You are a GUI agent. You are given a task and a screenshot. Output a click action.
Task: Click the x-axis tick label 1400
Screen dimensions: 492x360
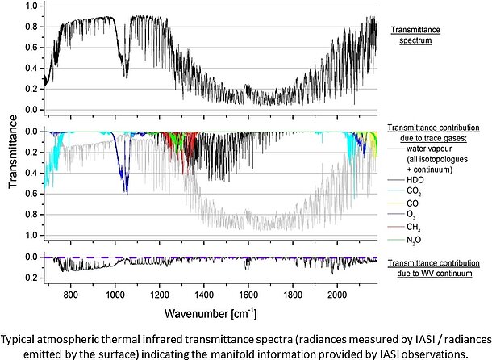point(204,295)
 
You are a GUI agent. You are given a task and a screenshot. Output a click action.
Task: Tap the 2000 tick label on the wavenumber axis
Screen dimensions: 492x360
point(337,295)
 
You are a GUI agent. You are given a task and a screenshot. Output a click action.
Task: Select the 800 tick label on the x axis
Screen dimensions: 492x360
point(71,295)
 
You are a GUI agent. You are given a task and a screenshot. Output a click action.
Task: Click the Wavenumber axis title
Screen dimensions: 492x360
point(211,313)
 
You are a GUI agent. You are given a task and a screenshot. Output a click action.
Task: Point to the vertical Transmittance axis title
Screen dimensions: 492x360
point(13,152)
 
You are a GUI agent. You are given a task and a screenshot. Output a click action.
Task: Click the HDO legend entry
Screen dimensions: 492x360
point(415,180)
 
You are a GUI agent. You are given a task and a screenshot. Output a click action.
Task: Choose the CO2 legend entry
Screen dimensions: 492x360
point(414,191)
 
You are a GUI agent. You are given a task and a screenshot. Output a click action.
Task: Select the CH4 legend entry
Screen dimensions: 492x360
point(414,227)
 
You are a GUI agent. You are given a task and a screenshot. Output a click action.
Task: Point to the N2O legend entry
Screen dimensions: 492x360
point(414,241)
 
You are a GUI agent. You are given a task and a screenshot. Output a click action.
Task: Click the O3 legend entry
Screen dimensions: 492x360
point(411,215)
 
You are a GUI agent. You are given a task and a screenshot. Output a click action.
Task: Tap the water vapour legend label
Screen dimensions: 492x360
point(429,149)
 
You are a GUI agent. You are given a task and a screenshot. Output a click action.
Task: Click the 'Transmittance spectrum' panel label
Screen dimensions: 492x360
point(415,36)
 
